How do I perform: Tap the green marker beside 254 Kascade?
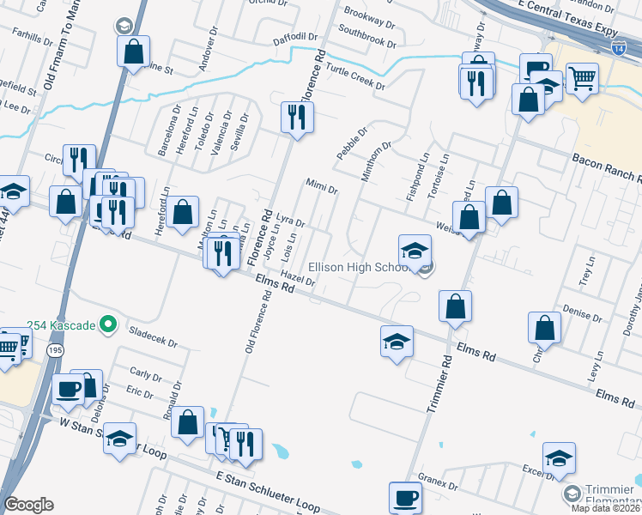click(107, 324)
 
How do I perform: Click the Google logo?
click(28, 504)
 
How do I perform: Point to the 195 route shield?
click(55, 350)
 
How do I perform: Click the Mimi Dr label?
click(322, 186)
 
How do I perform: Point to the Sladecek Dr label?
click(152, 336)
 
